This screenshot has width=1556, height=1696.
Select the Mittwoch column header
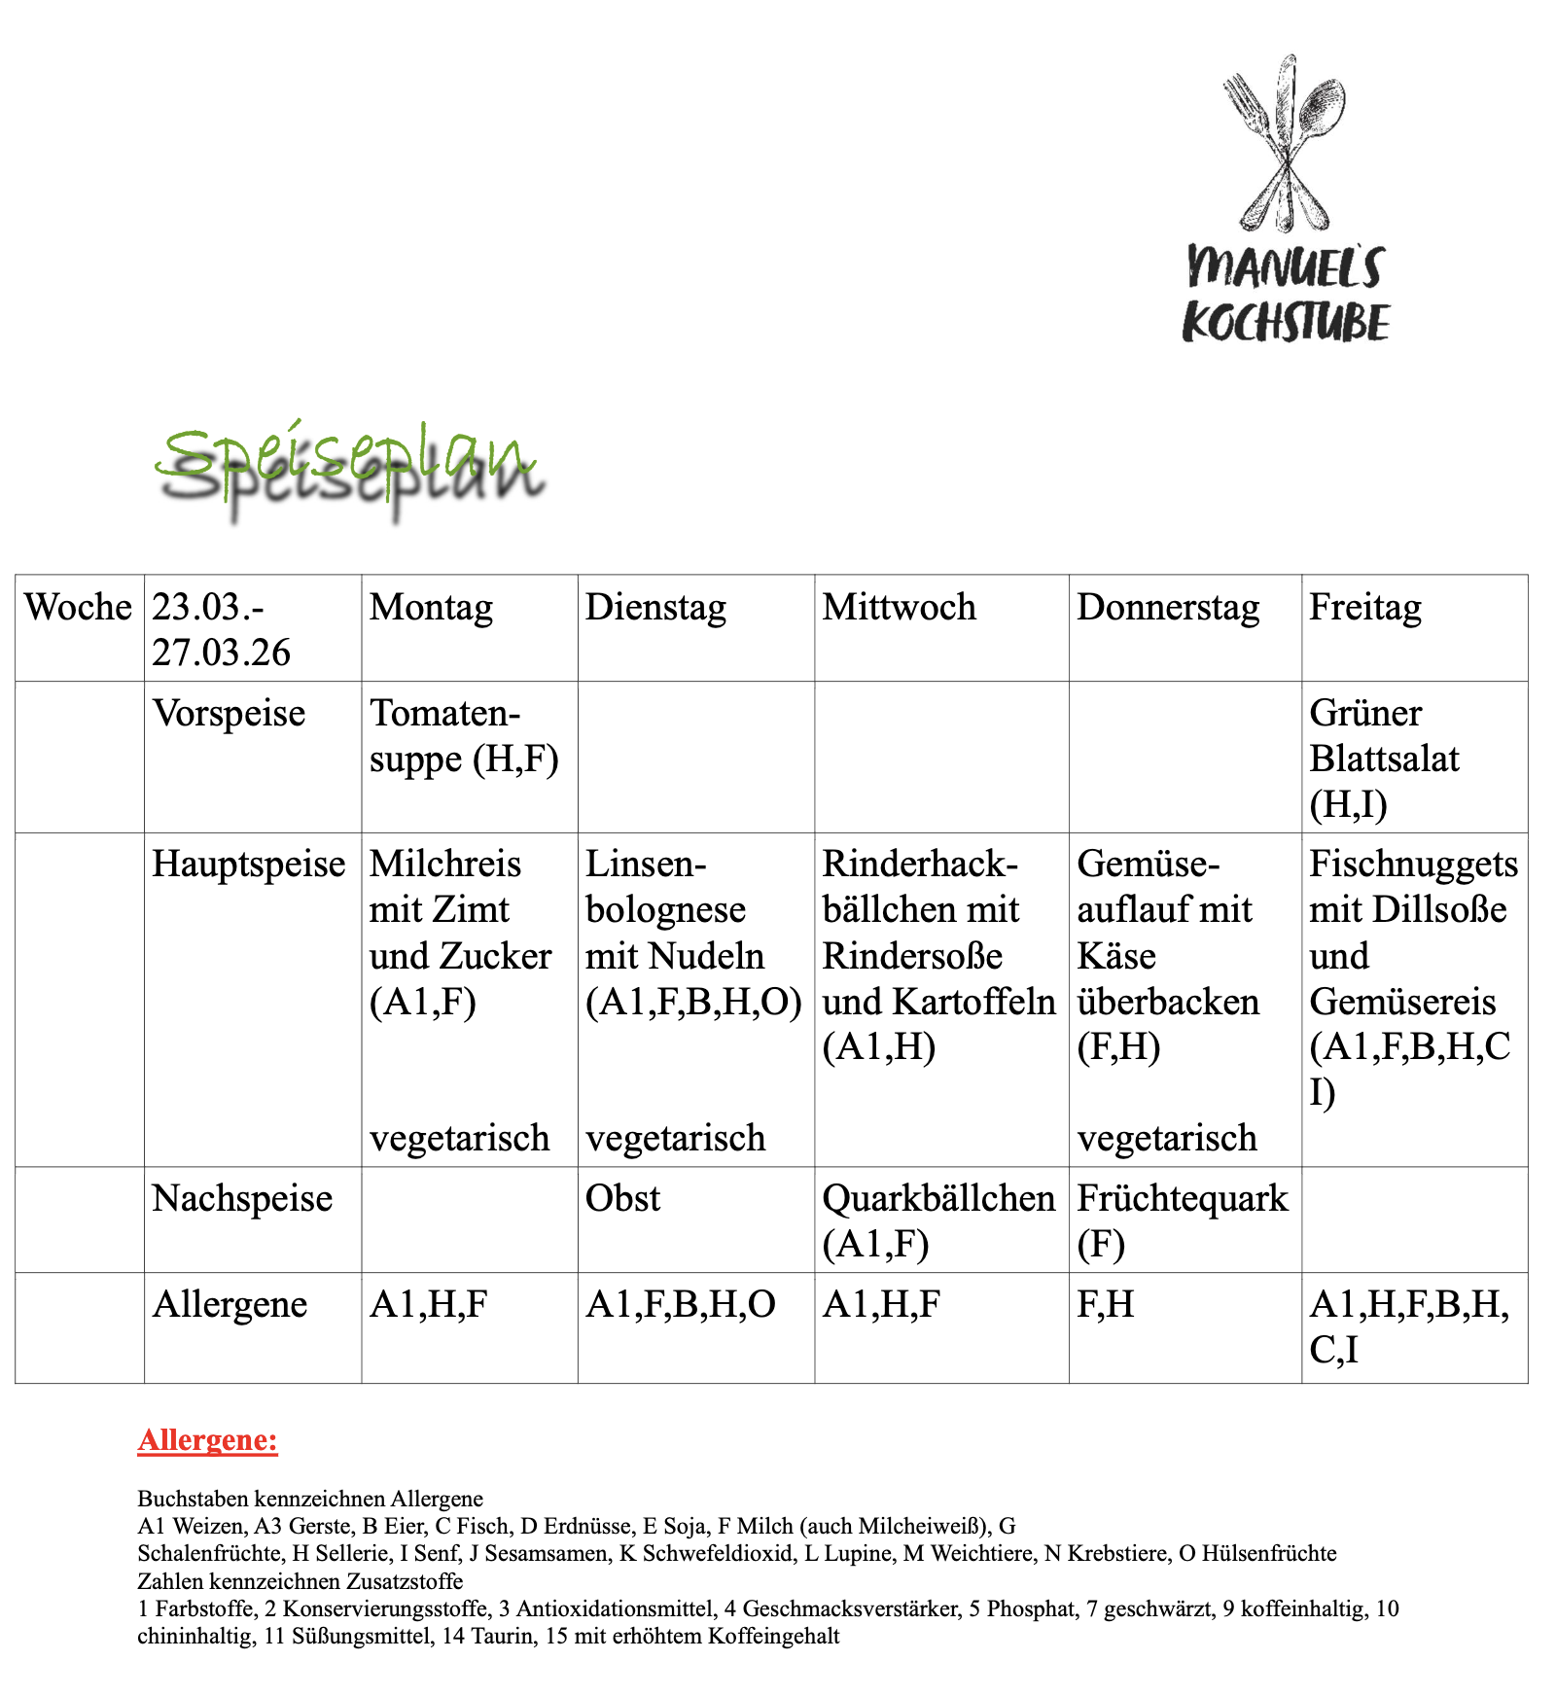coord(899,607)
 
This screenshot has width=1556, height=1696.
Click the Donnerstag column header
coord(1168,607)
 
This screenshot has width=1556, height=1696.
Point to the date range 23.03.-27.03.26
coord(222,629)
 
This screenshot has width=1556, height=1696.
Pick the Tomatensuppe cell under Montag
coord(464,736)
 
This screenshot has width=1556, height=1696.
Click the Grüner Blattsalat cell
coord(1384,759)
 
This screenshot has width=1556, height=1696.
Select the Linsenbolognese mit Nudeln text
coord(692,933)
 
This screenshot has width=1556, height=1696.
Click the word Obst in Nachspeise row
coord(622,1198)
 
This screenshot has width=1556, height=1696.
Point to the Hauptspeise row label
coord(249,864)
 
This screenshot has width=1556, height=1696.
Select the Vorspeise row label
coord(230,713)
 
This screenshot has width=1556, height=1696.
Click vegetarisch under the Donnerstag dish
coord(1167,1137)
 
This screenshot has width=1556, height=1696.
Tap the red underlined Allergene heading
coord(207,1439)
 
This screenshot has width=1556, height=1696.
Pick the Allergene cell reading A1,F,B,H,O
coord(681,1304)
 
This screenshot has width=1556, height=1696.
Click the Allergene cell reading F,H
coord(1106,1304)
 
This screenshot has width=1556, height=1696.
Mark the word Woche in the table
coord(78,607)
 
